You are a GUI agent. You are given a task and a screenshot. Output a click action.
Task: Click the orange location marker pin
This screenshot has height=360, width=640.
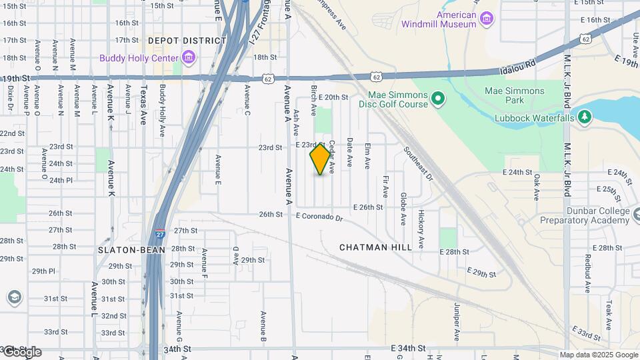tap(320, 159)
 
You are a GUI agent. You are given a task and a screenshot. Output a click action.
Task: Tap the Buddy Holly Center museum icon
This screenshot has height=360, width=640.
tap(189, 58)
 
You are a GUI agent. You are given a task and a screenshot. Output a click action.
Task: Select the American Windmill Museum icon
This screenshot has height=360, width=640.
tap(487, 18)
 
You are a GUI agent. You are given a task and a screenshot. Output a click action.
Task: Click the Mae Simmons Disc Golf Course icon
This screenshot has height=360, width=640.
tap(437, 100)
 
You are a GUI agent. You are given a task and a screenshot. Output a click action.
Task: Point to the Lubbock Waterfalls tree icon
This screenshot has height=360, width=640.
tap(585, 117)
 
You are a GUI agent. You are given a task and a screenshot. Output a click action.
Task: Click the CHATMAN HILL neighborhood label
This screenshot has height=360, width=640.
tap(375, 247)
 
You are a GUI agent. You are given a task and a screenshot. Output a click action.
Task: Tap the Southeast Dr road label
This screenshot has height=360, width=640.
tap(418, 163)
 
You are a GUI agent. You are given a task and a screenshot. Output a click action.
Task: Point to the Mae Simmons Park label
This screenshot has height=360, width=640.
tap(514, 95)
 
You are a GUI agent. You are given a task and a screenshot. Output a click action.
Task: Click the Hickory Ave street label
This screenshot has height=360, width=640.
tap(421, 228)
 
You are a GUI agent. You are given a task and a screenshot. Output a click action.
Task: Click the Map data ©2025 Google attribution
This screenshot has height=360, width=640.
tap(599, 355)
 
